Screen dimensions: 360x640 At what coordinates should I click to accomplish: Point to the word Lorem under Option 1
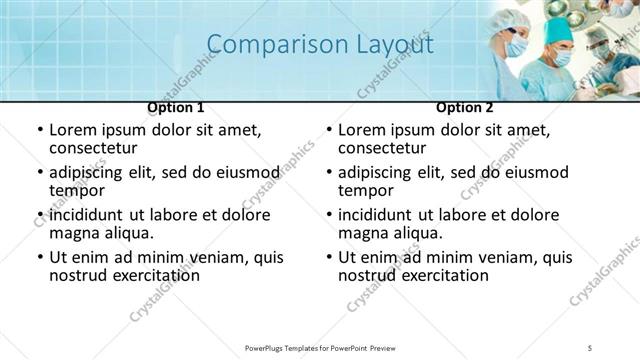74,130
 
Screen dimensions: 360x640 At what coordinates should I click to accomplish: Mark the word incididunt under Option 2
379,215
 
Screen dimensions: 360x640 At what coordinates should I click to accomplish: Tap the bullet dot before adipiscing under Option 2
328,172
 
